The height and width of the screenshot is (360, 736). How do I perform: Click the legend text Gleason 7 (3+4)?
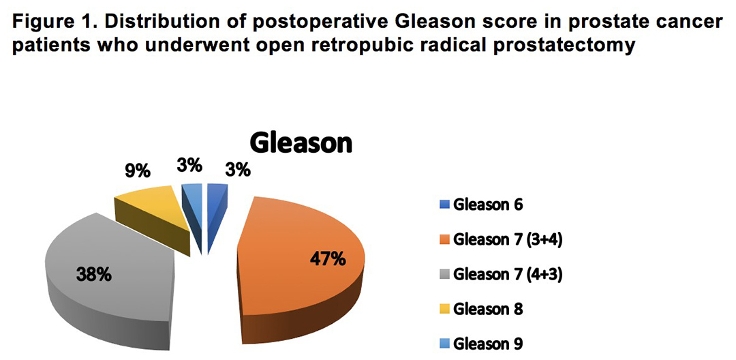(x=508, y=240)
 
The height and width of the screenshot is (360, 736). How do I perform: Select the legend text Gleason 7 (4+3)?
(x=508, y=275)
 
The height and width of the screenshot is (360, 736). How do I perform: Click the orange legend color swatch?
(x=445, y=240)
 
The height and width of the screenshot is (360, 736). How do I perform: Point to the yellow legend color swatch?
(x=445, y=310)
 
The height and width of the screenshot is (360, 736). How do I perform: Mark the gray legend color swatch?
(x=445, y=275)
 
